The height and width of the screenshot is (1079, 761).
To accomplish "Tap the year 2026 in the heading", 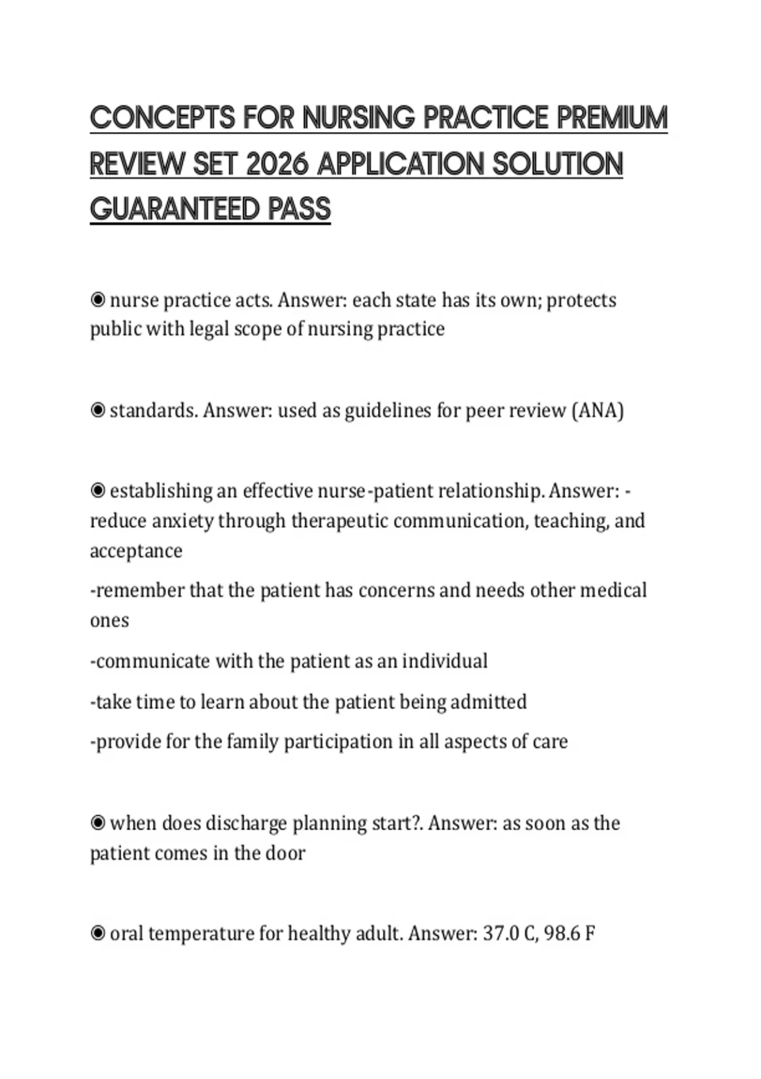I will [x=276, y=164].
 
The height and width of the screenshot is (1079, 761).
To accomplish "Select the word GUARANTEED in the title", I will [x=175, y=209].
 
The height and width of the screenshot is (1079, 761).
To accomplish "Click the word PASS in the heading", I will [x=299, y=209].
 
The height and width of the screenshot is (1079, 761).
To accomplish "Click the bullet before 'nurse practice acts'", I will [x=98, y=300].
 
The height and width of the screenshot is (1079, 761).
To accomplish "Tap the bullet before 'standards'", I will [x=98, y=411].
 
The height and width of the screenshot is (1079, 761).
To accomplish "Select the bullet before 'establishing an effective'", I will [x=98, y=491].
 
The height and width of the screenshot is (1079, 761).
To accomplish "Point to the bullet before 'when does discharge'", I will [x=98, y=823].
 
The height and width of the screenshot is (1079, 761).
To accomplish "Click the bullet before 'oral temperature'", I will [x=98, y=934].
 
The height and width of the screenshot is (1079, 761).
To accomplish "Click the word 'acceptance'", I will [x=136, y=551].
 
